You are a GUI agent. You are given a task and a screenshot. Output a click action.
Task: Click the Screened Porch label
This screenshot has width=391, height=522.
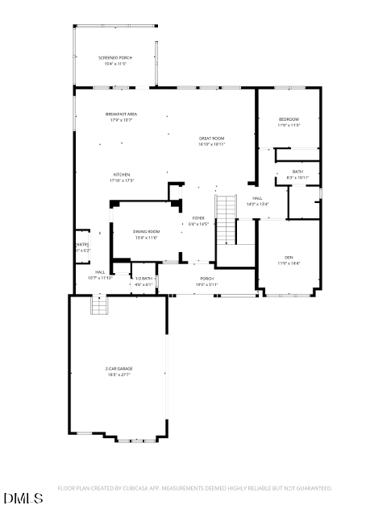pos(115,58)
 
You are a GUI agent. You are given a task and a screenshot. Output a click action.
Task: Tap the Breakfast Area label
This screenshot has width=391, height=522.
pos(121,114)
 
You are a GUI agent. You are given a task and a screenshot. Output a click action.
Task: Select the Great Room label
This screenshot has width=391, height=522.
pos(211,139)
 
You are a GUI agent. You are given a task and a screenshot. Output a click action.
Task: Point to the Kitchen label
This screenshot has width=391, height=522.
pos(122,174)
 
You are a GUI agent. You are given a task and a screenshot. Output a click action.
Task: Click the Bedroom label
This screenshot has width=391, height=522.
pos(289,119)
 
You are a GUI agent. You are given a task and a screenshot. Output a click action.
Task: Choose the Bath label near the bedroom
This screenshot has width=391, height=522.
pos(298,171)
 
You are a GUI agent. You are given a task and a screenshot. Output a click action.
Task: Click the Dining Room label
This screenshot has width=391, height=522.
pos(146,231)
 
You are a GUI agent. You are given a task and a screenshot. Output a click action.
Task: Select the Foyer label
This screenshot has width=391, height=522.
pos(198,218)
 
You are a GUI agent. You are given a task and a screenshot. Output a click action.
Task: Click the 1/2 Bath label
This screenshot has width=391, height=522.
pos(143,278)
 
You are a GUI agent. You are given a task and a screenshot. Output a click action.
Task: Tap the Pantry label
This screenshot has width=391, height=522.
pos(82,245)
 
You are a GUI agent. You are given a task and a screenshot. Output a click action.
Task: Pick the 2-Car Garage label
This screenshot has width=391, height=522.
pos(118,369)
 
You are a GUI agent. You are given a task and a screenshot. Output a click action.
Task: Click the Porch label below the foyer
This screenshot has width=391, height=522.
pos(207,279)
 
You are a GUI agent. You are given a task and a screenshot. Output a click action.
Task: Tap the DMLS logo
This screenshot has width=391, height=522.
pos(23,499)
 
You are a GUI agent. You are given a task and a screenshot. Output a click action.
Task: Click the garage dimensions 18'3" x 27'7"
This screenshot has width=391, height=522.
pos(118,375)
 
